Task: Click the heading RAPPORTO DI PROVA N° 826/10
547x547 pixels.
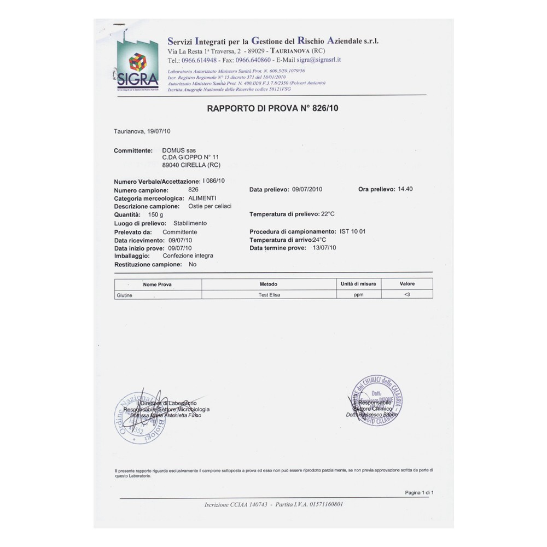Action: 273,109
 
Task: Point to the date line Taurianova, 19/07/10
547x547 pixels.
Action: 142,132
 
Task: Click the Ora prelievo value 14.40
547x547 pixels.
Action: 405,189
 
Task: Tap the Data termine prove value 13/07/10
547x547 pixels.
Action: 323,248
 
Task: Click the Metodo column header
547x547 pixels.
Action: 268,284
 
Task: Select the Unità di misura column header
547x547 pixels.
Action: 358,284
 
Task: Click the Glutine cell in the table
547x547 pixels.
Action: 125,295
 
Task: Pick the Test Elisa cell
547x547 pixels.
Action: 268,295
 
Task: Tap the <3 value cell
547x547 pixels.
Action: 407,295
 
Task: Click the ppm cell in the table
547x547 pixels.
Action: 358,295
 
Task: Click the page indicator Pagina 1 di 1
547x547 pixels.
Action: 419,493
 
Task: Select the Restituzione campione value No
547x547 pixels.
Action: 192,264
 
